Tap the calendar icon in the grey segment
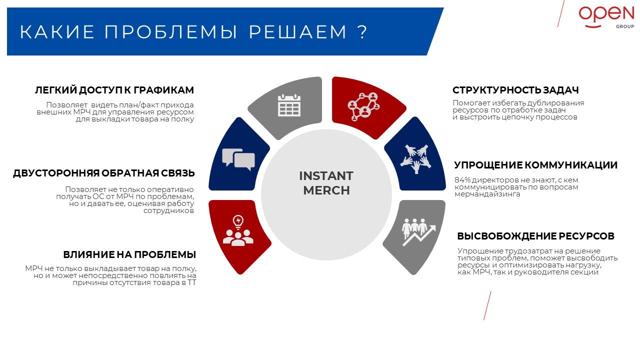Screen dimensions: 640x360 [x=289, y=105]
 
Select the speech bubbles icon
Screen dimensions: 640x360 [x=238, y=159]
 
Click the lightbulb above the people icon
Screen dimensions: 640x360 [x=238, y=222]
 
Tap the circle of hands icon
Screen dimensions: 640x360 [x=415, y=159]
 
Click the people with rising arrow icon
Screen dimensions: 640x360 [x=418, y=232]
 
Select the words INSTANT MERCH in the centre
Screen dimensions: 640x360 [x=326, y=183]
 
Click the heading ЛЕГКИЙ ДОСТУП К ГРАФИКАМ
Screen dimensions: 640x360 [x=114, y=90]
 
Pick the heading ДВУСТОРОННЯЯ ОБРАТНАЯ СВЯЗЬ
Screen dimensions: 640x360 [x=103, y=173]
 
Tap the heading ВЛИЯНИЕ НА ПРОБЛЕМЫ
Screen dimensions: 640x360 [x=129, y=254]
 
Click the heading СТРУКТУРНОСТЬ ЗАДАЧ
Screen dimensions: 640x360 [x=515, y=90]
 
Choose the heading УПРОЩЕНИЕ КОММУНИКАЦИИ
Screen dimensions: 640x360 [x=535, y=165]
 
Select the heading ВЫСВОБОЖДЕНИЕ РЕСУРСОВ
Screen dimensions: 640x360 [x=535, y=236]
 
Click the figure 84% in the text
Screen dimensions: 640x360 [x=462, y=180]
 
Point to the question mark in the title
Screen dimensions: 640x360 [x=362, y=31]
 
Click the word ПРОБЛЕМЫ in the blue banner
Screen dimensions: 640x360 [x=170, y=31]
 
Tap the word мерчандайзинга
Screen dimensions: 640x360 [x=487, y=194]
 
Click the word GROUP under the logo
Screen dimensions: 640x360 [x=625, y=26]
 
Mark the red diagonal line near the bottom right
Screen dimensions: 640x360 [x=487, y=305]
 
